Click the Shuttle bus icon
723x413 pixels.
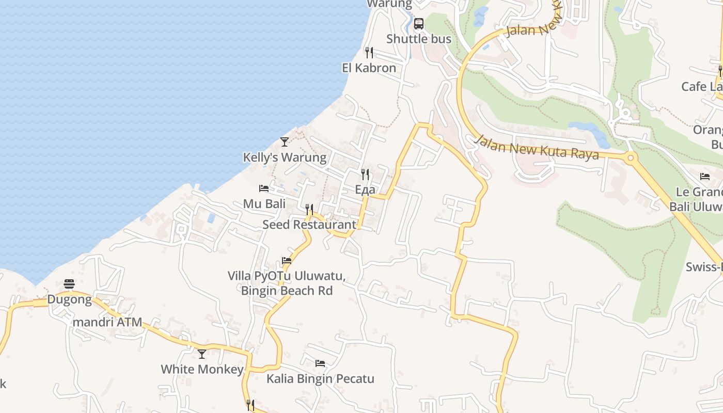419,24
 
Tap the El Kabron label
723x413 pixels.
369,68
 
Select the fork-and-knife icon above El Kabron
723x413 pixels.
369,53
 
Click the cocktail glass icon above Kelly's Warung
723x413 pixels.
285,141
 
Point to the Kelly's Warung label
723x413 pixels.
285,157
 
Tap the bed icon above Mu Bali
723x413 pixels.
264,188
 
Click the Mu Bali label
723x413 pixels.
264,203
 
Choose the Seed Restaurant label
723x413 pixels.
309,225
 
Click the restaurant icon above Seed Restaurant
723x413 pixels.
309,209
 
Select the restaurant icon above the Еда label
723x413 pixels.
365,174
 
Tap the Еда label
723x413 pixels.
365,189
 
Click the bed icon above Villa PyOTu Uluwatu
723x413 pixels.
287,261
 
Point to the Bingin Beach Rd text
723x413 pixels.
287,291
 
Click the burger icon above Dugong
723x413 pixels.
69,284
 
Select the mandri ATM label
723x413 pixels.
107,322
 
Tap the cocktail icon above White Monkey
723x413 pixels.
202,354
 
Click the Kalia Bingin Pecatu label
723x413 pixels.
320,378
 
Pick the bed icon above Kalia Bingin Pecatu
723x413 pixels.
320,363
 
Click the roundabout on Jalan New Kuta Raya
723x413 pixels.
630,157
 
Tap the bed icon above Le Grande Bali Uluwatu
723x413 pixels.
705,177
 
